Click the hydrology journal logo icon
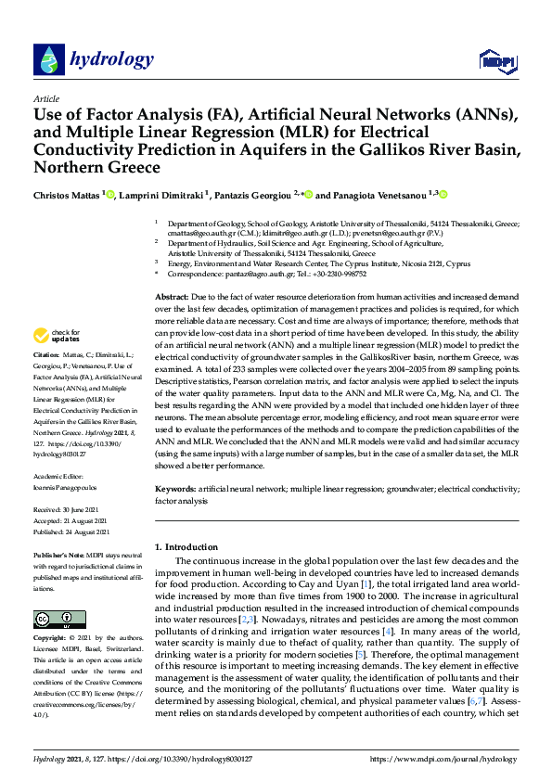(48, 59)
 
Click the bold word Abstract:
(173, 295)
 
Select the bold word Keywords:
(175, 487)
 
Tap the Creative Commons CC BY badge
(53, 620)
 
